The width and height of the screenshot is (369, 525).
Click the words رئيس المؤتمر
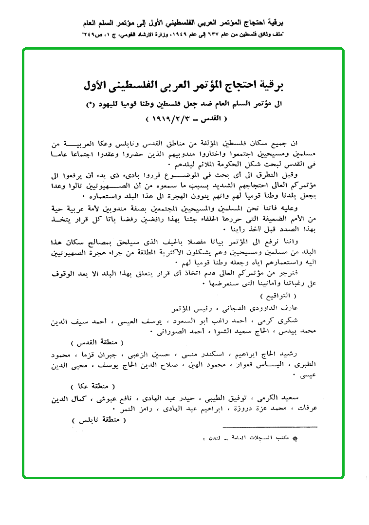188,308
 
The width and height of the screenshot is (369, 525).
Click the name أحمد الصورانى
180,333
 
